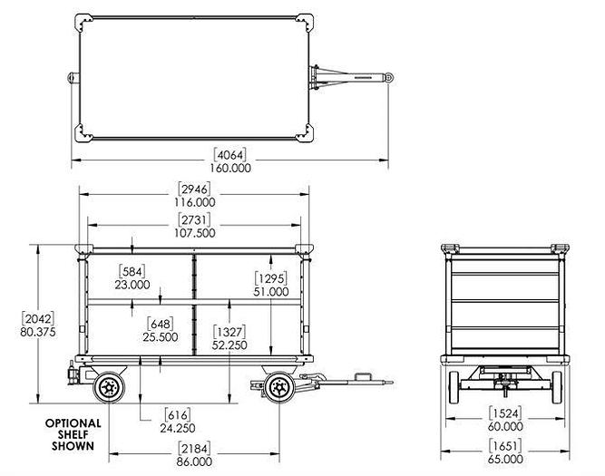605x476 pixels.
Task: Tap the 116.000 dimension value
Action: pyautogui.click(x=195, y=202)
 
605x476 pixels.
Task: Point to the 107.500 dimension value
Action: pyautogui.click(x=195, y=232)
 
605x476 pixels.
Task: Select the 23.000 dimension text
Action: pyautogui.click(x=134, y=284)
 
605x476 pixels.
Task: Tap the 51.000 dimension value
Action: pyautogui.click(x=271, y=291)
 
